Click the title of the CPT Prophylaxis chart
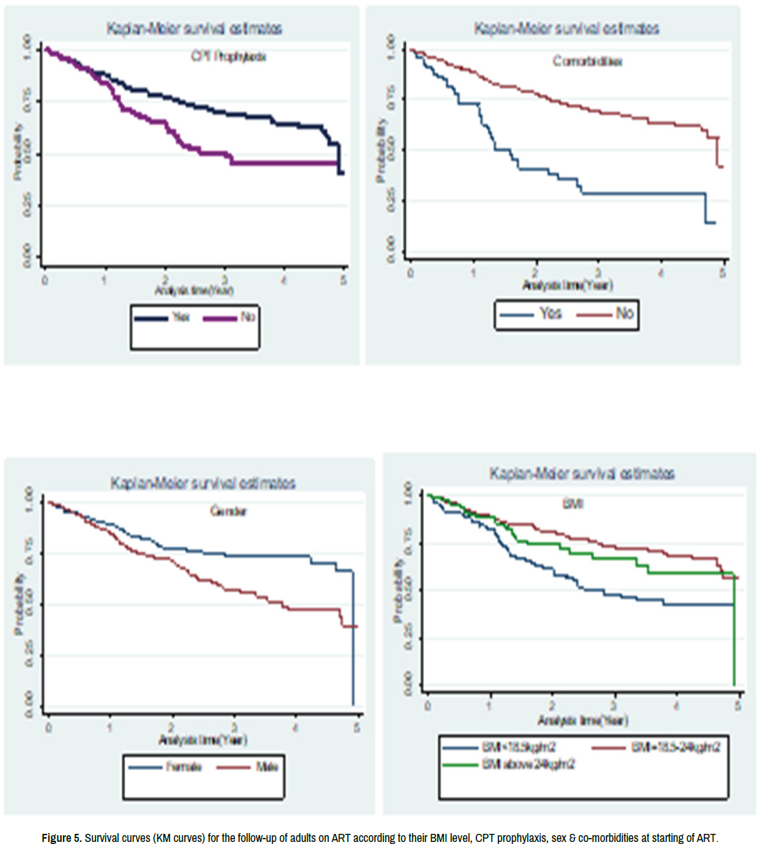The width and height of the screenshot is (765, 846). (194, 28)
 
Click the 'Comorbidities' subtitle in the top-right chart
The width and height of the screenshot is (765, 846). (587, 61)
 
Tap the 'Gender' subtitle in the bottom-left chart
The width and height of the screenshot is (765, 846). (228, 512)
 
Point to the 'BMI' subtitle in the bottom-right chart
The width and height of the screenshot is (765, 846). (572, 504)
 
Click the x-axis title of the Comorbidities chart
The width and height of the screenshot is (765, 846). (567, 285)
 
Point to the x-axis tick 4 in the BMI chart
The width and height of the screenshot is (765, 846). (676, 706)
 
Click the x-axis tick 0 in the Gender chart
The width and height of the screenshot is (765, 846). (49, 728)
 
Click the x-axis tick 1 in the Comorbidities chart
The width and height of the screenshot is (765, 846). (473, 273)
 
